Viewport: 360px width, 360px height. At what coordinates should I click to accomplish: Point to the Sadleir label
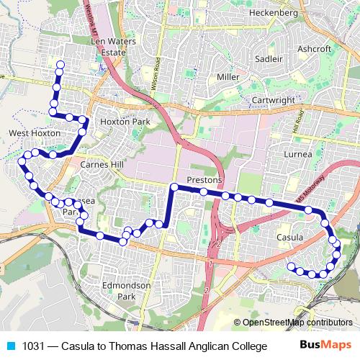[269, 58]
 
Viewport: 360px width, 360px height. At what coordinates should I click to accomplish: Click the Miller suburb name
[228, 76]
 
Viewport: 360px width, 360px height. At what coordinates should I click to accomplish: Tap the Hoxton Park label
[125, 122]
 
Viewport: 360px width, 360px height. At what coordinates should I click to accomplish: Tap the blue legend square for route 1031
[8, 346]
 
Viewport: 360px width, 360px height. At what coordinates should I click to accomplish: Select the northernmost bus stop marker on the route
[60, 66]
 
